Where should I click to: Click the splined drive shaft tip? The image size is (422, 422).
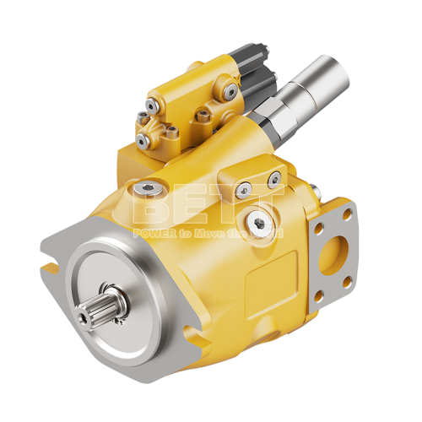pos(84,319)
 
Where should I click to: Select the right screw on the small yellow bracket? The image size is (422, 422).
pos(275,177)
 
